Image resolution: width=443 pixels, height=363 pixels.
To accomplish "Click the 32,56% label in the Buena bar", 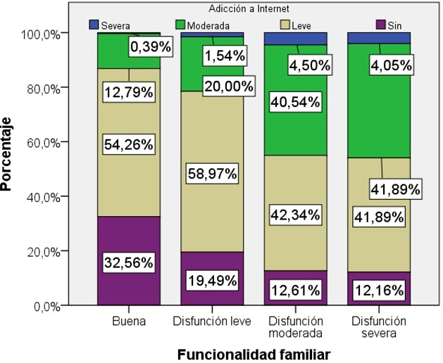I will click(129, 262).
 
